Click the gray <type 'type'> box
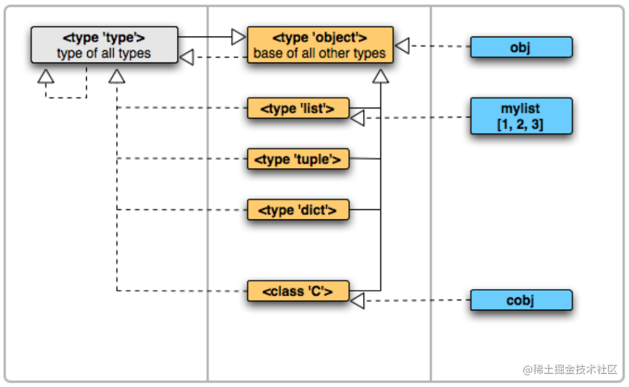pos(104,45)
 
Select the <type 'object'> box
pos(320,45)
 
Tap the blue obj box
pos(521,47)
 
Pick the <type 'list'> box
pos(298,109)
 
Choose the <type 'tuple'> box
pos(298,159)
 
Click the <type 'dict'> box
pos(298,210)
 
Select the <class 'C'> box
pos(298,291)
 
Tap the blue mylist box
pos(521,116)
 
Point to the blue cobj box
pos(521,300)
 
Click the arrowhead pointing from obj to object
pos(402,45)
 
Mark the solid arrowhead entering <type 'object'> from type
pos(239,37)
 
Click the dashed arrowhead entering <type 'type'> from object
pos(186,57)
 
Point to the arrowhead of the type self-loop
pos(46,76)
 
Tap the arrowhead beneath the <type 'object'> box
pos(381,76)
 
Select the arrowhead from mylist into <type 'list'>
pos(358,119)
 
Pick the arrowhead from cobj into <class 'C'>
pos(358,301)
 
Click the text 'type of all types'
pos(104,53)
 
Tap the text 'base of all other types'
pos(320,53)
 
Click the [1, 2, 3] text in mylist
pos(520,124)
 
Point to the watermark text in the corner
pos(570,369)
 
